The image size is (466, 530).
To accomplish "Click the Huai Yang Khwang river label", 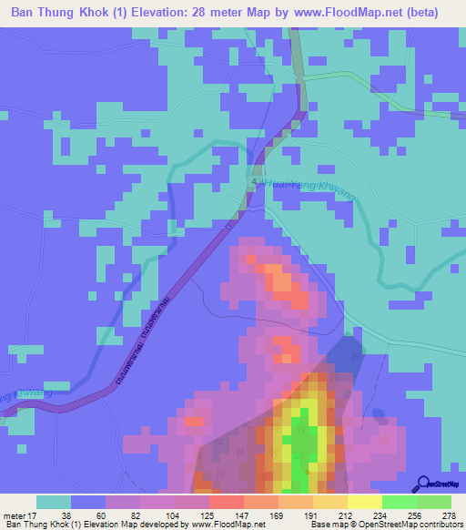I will (x=310, y=189).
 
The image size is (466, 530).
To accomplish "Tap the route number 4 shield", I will (x=255, y=179).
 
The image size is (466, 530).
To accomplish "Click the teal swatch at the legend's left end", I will (x=54, y=502).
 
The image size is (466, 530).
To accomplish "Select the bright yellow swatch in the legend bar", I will (x=365, y=502).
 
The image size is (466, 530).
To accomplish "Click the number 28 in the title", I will (x=220, y=13).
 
